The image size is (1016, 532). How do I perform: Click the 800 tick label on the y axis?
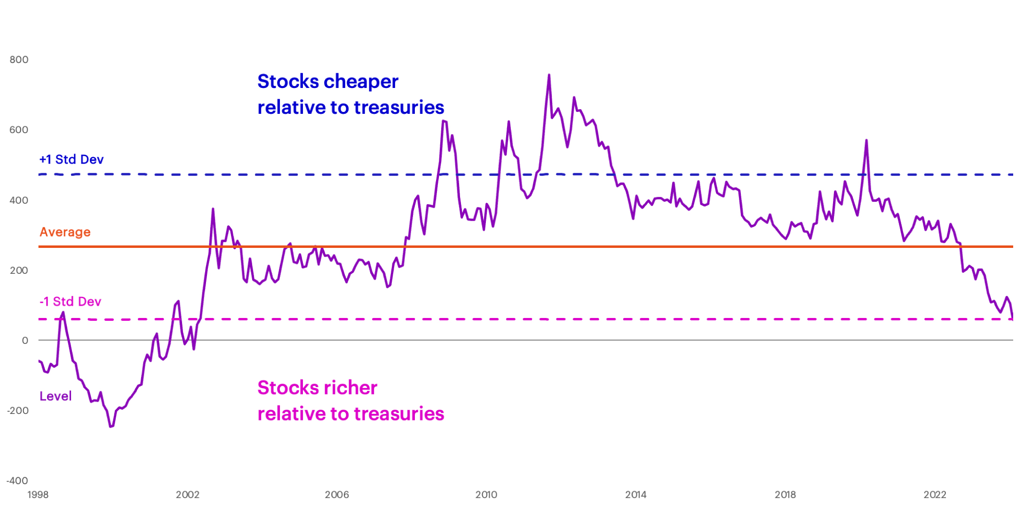[19, 60]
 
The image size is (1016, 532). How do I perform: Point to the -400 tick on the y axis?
[17, 481]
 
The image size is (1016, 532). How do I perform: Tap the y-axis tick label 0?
[25, 341]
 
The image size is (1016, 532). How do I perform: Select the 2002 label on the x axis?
[188, 495]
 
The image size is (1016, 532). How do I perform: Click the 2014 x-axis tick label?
[635, 495]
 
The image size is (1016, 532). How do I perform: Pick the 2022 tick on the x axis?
[935, 495]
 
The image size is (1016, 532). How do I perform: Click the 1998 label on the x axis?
[38, 495]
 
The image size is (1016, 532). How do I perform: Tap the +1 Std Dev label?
[71, 159]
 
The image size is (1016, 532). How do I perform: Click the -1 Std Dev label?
[71, 302]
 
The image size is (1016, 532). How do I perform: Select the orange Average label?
[65, 232]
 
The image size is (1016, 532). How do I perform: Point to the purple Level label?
[56, 396]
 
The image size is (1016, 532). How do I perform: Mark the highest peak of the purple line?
[549, 75]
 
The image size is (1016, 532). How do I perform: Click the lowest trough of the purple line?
[111, 427]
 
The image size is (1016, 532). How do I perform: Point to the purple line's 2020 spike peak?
[866, 140]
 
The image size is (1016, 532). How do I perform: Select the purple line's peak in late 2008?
[444, 121]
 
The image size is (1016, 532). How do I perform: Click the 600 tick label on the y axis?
[19, 130]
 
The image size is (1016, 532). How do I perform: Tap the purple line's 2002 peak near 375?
[213, 209]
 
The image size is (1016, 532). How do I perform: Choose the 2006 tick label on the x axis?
[337, 495]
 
